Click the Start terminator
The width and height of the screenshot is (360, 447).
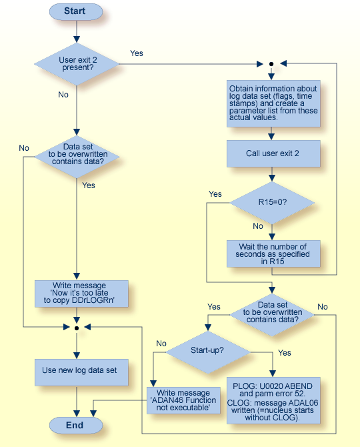point(75,11)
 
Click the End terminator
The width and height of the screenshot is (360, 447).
point(75,424)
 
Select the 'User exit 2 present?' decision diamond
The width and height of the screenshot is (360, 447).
point(77,63)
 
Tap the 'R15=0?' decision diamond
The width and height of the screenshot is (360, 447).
point(272,201)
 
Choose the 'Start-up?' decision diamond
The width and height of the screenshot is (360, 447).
point(207,350)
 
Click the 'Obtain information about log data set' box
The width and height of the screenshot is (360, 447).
point(272,103)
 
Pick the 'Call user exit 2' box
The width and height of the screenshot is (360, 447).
point(272,153)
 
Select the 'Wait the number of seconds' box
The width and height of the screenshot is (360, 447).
point(272,254)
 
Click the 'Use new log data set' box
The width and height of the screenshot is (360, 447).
point(81,371)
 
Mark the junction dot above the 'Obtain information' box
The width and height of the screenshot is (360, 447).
point(271,64)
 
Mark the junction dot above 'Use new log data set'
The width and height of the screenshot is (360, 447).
point(77,328)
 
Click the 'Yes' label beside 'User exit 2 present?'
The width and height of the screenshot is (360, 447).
point(136,53)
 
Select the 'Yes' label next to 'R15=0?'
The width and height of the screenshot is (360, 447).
point(215,194)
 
